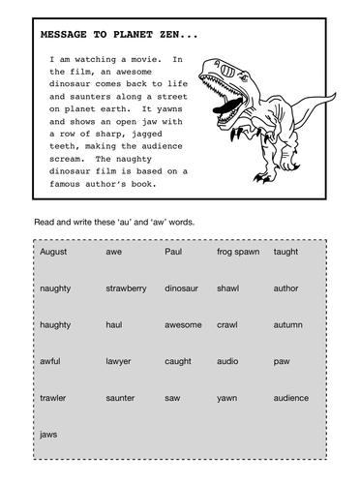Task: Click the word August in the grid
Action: tap(54, 252)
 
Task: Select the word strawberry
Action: tap(126, 288)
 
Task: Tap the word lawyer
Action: tap(119, 361)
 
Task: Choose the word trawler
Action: tap(53, 398)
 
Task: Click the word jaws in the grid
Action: tap(49, 435)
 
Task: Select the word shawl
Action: tap(229, 288)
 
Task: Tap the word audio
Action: tap(228, 361)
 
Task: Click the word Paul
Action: tap(173, 252)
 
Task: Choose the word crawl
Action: tap(228, 325)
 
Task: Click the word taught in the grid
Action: tap(286, 252)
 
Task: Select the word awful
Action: tap(50, 361)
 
